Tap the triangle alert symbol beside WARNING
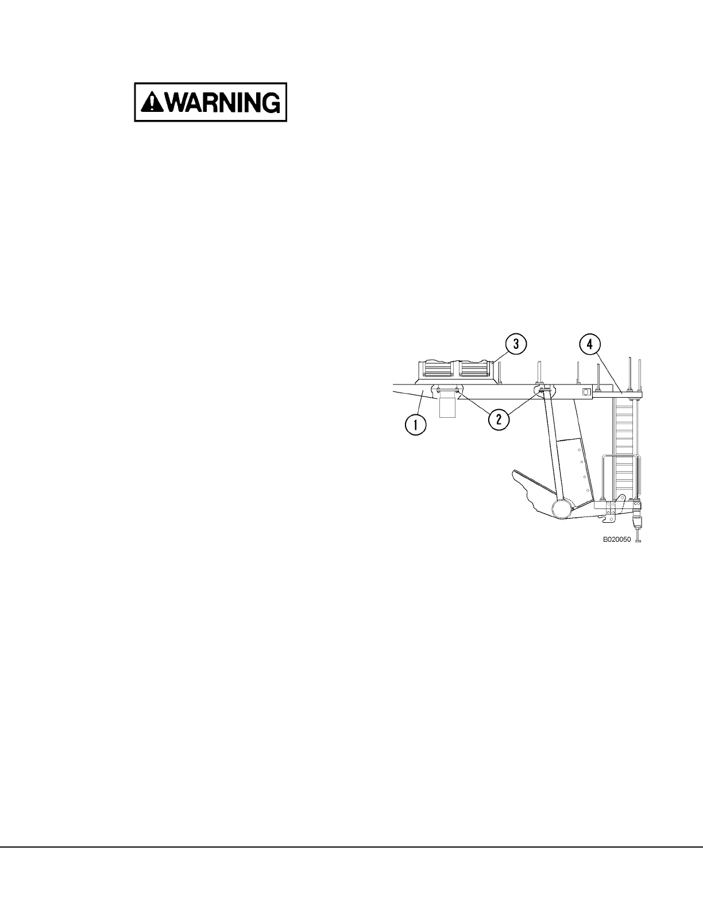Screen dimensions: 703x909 click(x=150, y=102)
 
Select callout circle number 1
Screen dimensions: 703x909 click(x=415, y=425)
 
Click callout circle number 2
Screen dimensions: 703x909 click(x=499, y=419)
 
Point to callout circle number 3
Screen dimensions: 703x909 click(x=516, y=344)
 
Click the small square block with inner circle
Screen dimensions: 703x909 click(x=586, y=392)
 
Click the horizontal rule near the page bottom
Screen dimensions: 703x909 click(x=351, y=846)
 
